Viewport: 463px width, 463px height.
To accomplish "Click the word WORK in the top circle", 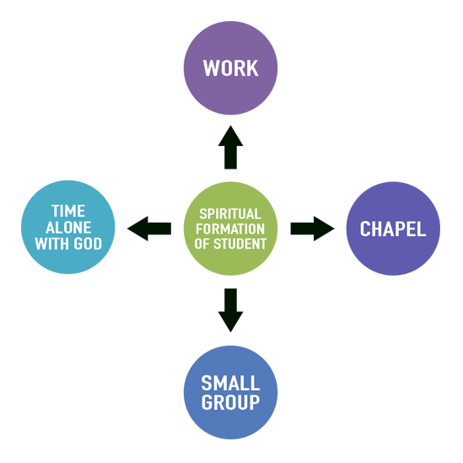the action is [230, 68].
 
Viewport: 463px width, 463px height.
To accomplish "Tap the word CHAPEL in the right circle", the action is [393, 229].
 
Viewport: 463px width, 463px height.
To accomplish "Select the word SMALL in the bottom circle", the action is [230, 383].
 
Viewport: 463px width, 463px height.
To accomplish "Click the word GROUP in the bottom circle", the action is [230, 402].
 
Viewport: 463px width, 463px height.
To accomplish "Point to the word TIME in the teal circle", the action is [68, 211].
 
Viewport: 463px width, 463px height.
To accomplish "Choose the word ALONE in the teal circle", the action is [68, 228].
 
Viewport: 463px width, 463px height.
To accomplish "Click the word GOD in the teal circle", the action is [88, 244].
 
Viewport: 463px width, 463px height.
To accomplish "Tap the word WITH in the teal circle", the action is [53, 244].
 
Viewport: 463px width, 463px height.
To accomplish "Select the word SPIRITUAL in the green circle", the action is [230, 213].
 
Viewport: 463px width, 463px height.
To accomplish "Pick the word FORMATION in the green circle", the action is [230, 229].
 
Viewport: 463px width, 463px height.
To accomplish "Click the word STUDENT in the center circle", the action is [240, 244].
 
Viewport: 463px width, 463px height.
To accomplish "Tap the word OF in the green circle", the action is [202, 244].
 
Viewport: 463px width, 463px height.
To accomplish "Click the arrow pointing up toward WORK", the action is [230, 147].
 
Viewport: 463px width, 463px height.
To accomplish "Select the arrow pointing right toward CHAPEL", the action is [312, 229].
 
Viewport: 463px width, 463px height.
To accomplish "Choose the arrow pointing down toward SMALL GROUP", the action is [230, 310].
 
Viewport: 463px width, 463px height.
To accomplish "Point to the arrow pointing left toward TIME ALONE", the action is [149, 229].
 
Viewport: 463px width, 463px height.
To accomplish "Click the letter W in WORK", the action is [210, 68].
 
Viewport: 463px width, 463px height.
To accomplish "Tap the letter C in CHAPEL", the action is [364, 229].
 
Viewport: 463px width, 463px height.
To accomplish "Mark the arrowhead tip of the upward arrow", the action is [230, 126].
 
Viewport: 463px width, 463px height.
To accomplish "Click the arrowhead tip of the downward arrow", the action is [230, 332].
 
